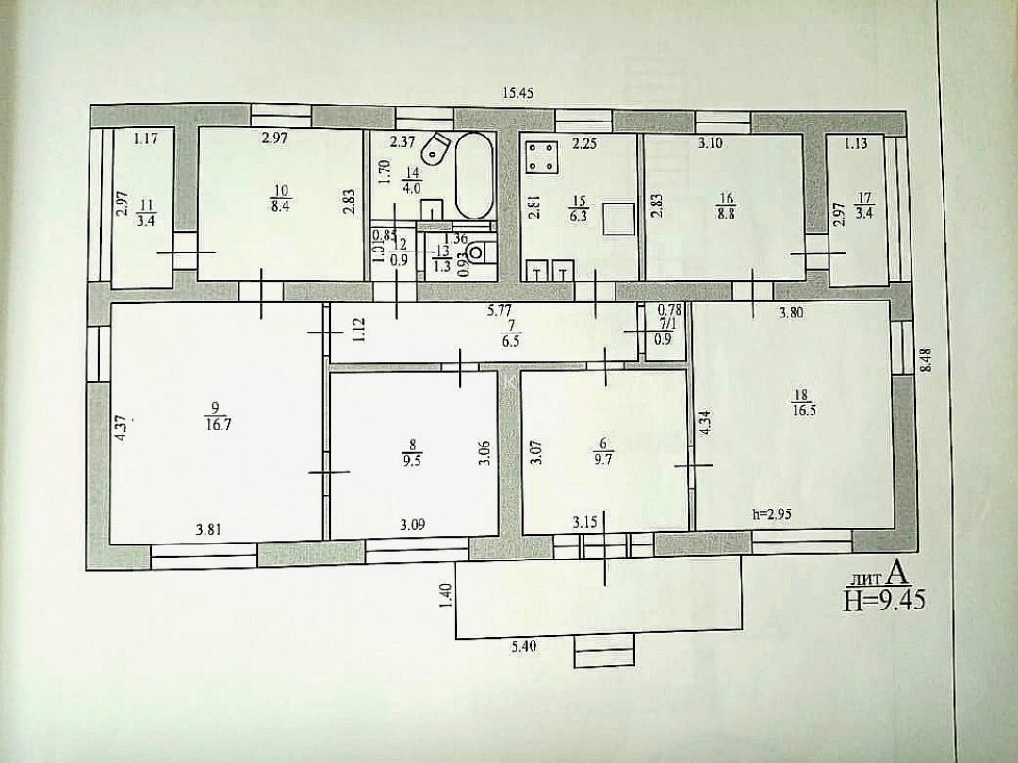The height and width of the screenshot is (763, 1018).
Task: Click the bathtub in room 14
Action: [473, 176]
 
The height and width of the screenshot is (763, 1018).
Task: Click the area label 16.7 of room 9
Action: [216, 423]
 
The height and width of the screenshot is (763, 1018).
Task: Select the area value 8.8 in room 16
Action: [726, 213]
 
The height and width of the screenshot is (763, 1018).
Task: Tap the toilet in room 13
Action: [478, 252]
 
